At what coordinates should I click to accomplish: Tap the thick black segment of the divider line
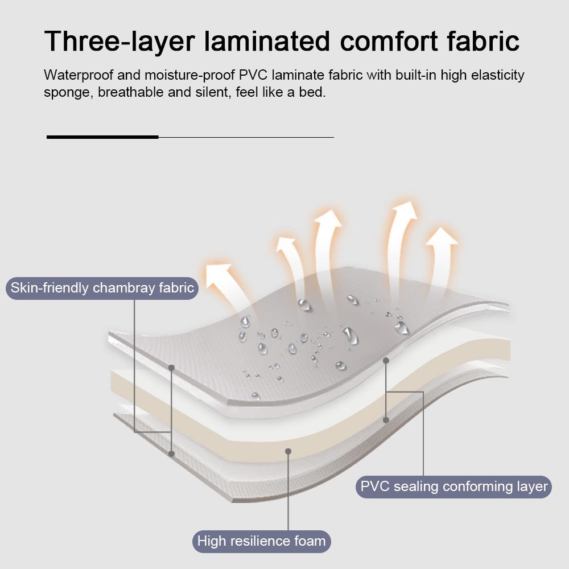tap(102, 137)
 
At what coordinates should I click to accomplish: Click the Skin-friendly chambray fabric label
tap(102, 288)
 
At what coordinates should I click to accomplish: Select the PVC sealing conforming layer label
tap(453, 487)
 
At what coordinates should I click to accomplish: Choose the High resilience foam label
tap(261, 541)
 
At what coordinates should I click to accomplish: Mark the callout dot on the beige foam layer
tap(288, 451)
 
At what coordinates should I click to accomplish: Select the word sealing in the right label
tap(416, 487)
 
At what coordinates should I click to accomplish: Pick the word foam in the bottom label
tap(310, 541)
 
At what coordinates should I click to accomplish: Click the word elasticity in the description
tap(496, 75)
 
